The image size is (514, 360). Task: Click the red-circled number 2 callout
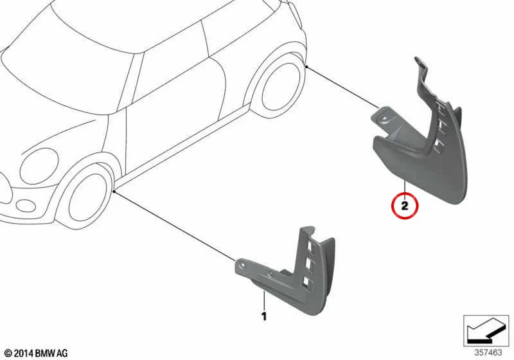(405, 206)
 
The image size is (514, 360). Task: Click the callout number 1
(264, 316)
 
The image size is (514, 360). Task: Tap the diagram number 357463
(488, 352)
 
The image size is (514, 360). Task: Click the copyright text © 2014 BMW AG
(37, 353)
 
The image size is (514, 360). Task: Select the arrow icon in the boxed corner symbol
(486, 330)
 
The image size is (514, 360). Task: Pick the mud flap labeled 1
(285, 272)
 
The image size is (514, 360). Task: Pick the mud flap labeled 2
(423, 141)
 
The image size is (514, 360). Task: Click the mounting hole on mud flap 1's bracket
(242, 264)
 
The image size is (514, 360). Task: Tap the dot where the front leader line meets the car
(114, 191)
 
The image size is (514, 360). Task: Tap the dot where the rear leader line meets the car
(306, 67)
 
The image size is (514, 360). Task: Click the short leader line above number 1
(263, 300)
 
